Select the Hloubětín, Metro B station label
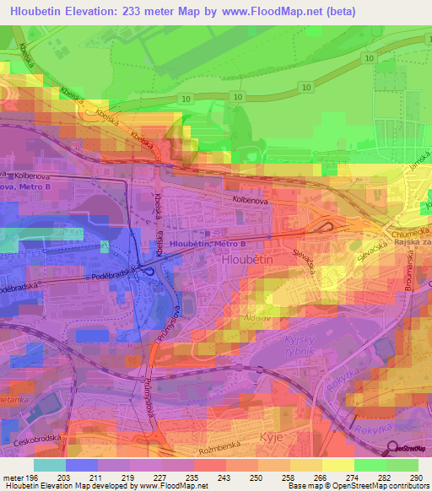point(208,243)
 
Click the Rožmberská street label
point(220,450)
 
